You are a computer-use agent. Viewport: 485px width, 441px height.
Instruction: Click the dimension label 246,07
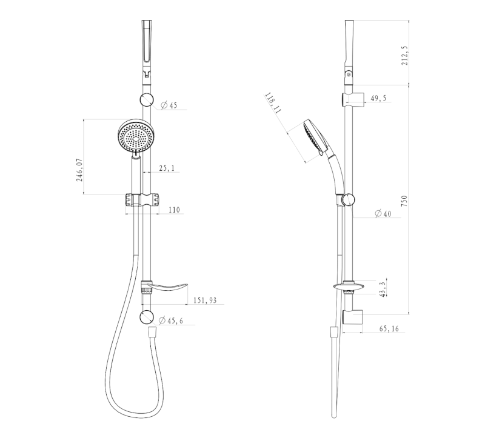tap(80, 170)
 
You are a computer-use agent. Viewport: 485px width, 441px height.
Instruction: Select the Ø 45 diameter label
tap(169, 105)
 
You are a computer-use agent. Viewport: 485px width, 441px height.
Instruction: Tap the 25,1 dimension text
tap(167, 168)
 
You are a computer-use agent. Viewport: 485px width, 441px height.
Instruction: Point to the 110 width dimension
tap(174, 210)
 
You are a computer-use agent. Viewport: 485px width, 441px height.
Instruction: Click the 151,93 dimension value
tap(205, 300)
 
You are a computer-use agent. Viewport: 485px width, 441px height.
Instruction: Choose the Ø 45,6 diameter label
tap(171, 320)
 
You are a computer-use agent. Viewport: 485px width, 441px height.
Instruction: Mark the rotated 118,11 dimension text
tap(273, 103)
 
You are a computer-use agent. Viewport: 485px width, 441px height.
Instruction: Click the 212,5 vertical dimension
tap(404, 56)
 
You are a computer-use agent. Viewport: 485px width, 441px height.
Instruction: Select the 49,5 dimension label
tap(378, 98)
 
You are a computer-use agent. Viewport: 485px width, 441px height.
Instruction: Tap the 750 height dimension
tap(404, 201)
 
